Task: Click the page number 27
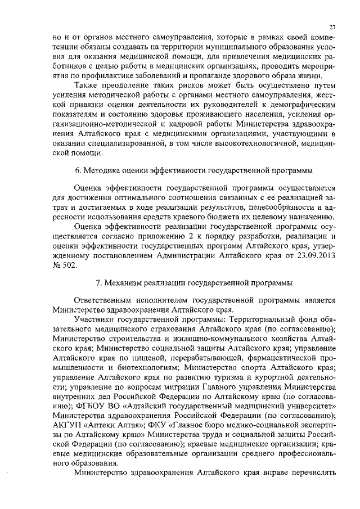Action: click(332, 26)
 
